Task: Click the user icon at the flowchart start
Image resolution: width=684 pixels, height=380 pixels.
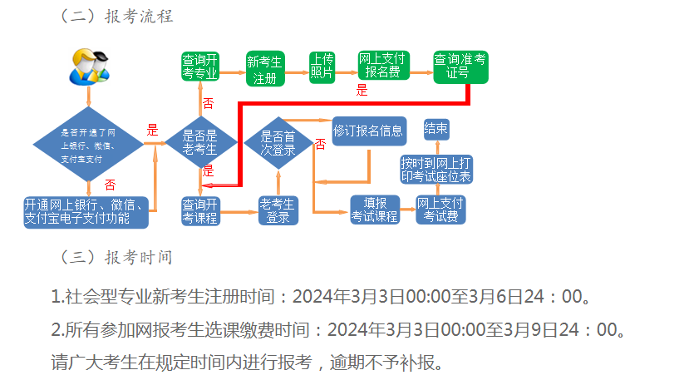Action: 87,66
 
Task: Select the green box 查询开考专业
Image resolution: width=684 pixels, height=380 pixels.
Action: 199,67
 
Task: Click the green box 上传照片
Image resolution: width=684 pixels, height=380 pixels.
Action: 322,66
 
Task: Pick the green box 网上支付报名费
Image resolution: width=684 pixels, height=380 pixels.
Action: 382,67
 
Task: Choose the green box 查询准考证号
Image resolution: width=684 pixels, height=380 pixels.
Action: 460,67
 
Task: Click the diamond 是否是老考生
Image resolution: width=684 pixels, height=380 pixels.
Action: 200,143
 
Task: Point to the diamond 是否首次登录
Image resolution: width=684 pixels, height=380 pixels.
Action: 278,142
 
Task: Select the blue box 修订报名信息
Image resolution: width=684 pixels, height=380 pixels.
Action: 369,131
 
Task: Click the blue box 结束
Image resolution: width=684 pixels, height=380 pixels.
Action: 436,128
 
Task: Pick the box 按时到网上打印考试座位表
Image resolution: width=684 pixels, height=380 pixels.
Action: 436,169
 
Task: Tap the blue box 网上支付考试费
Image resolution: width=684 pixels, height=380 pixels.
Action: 440,210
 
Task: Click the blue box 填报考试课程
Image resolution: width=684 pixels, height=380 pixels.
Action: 375,210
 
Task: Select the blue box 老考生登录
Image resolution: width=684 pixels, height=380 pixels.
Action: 278,210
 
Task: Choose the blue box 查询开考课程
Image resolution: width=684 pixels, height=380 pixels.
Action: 199,210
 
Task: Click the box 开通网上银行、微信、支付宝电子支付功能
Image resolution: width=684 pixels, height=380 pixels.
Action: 87,211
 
